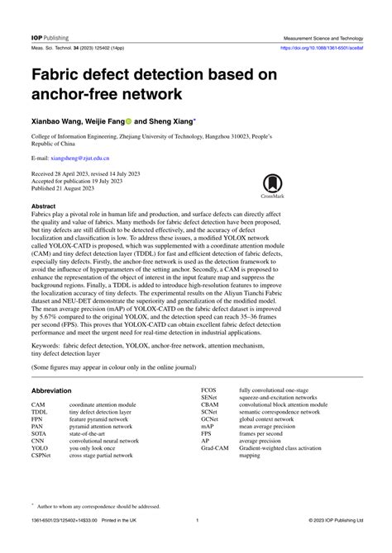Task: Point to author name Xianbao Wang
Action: point(60,119)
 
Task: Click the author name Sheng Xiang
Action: point(175,119)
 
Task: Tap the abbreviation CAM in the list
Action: point(38,405)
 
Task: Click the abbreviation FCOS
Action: point(209,387)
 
